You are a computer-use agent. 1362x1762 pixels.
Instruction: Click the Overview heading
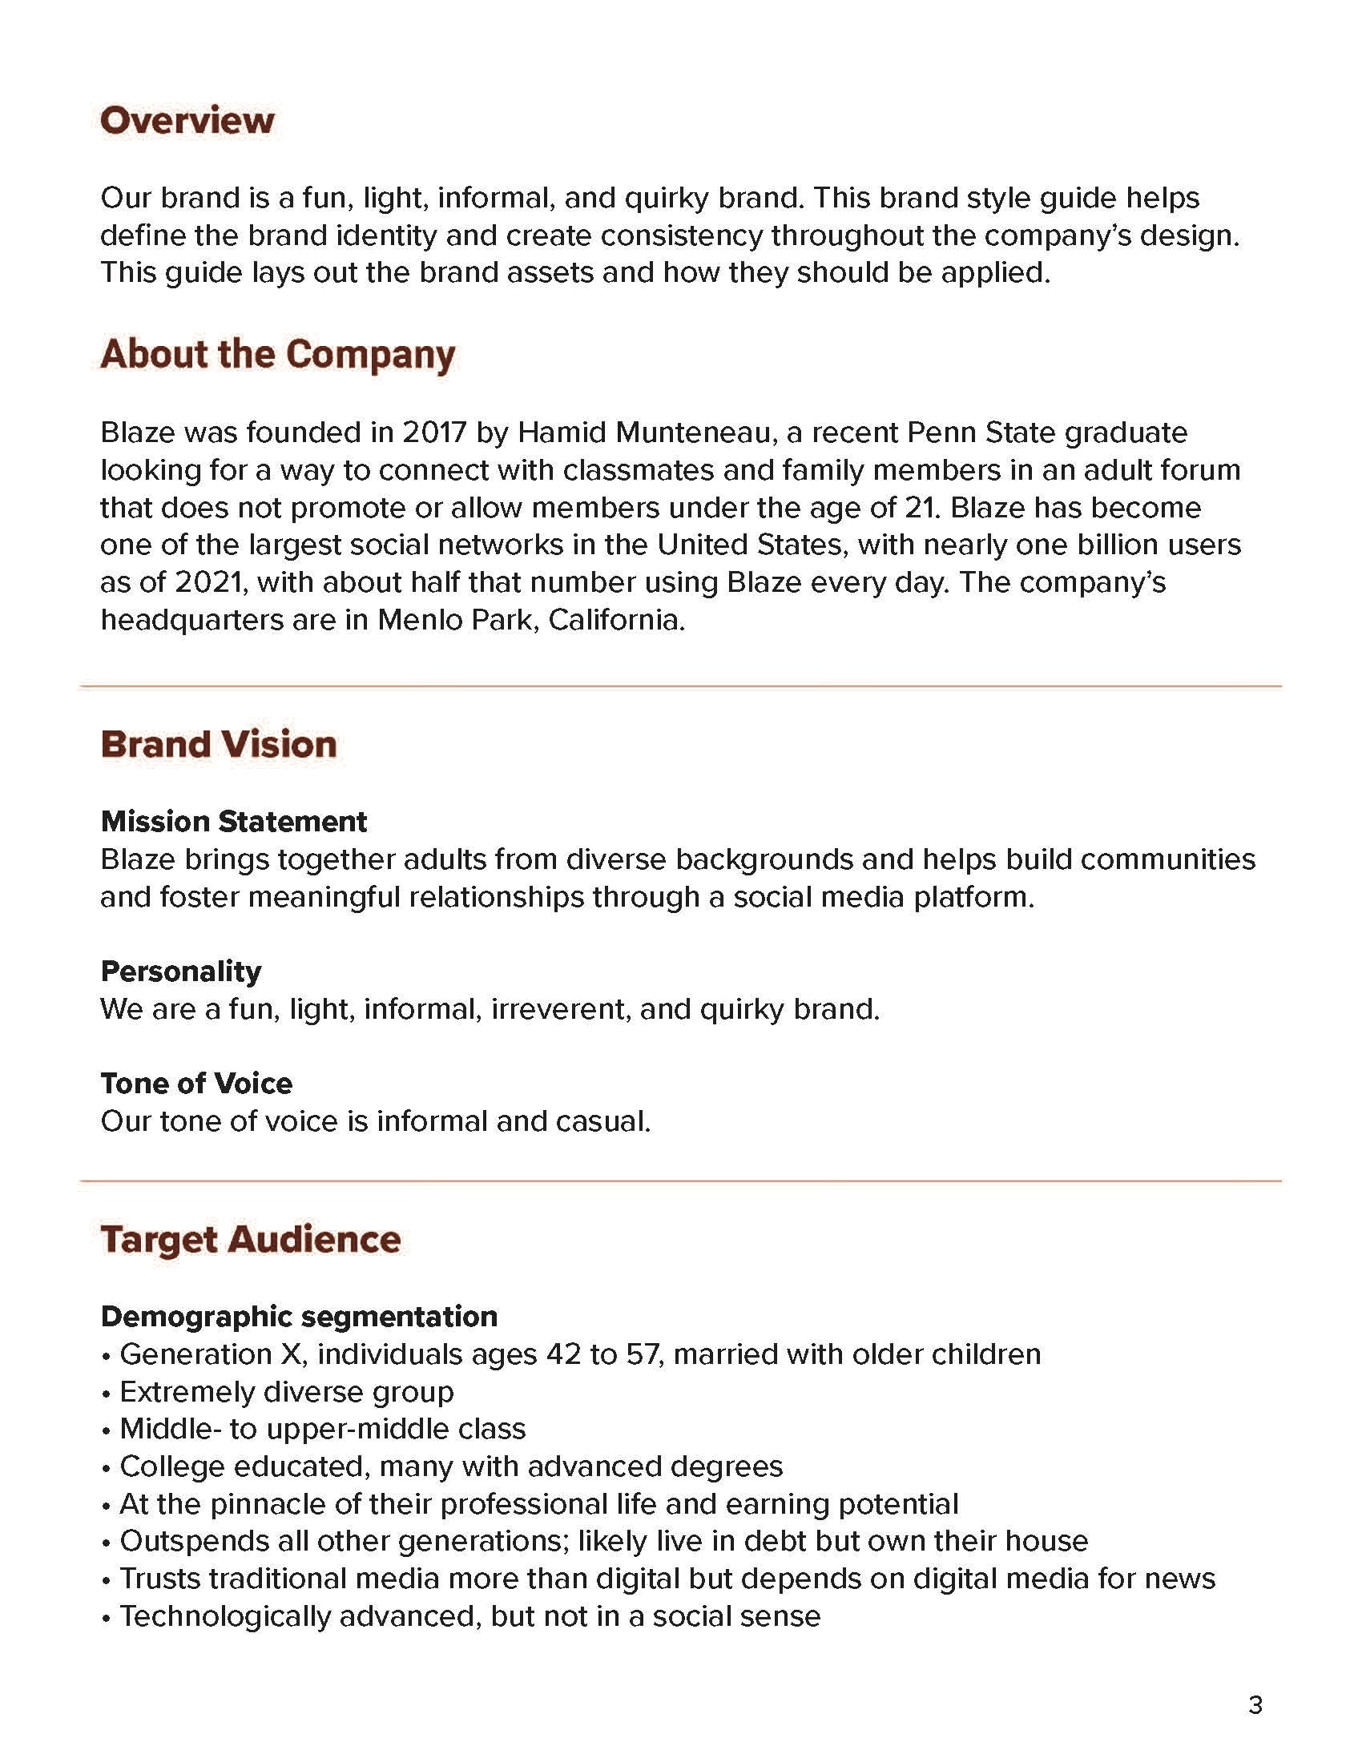pyautogui.click(x=187, y=121)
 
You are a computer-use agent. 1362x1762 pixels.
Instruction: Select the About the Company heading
pyautogui.click(x=277, y=354)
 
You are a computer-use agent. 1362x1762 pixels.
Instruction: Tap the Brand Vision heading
pyautogui.click(x=219, y=744)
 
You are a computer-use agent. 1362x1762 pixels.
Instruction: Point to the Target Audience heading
pyautogui.click(x=250, y=1239)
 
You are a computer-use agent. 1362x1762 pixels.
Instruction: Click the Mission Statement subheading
pyautogui.click(x=233, y=821)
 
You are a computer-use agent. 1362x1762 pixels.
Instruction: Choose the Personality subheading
pyautogui.click(x=181, y=971)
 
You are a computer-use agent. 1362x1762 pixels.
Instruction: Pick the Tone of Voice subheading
pyautogui.click(x=196, y=1083)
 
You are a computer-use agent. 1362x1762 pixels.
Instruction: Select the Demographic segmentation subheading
pyautogui.click(x=299, y=1316)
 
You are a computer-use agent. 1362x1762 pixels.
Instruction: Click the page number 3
pyautogui.click(x=1255, y=1704)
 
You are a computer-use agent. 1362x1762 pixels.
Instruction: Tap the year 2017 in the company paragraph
pyautogui.click(x=434, y=432)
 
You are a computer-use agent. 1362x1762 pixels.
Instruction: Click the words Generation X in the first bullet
pyautogui.click(x=212, y=1354)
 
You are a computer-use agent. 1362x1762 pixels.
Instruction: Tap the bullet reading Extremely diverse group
pyautogui.click(x=287, y=1392)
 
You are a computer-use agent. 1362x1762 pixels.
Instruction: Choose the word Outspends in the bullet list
pyautogui.click(x=193, y=1541)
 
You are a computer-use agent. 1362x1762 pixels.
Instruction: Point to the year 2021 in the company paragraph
pyautogui.click(x=208, y=582)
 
